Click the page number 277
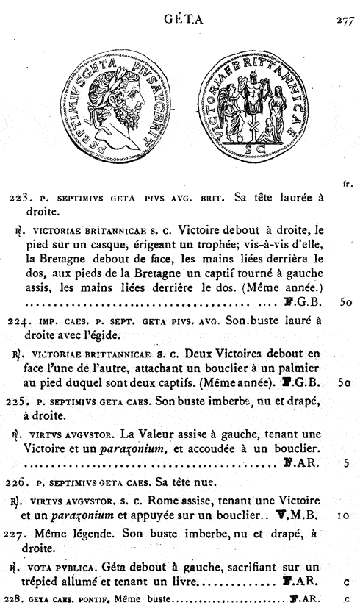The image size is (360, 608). (x=345, y=21)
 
